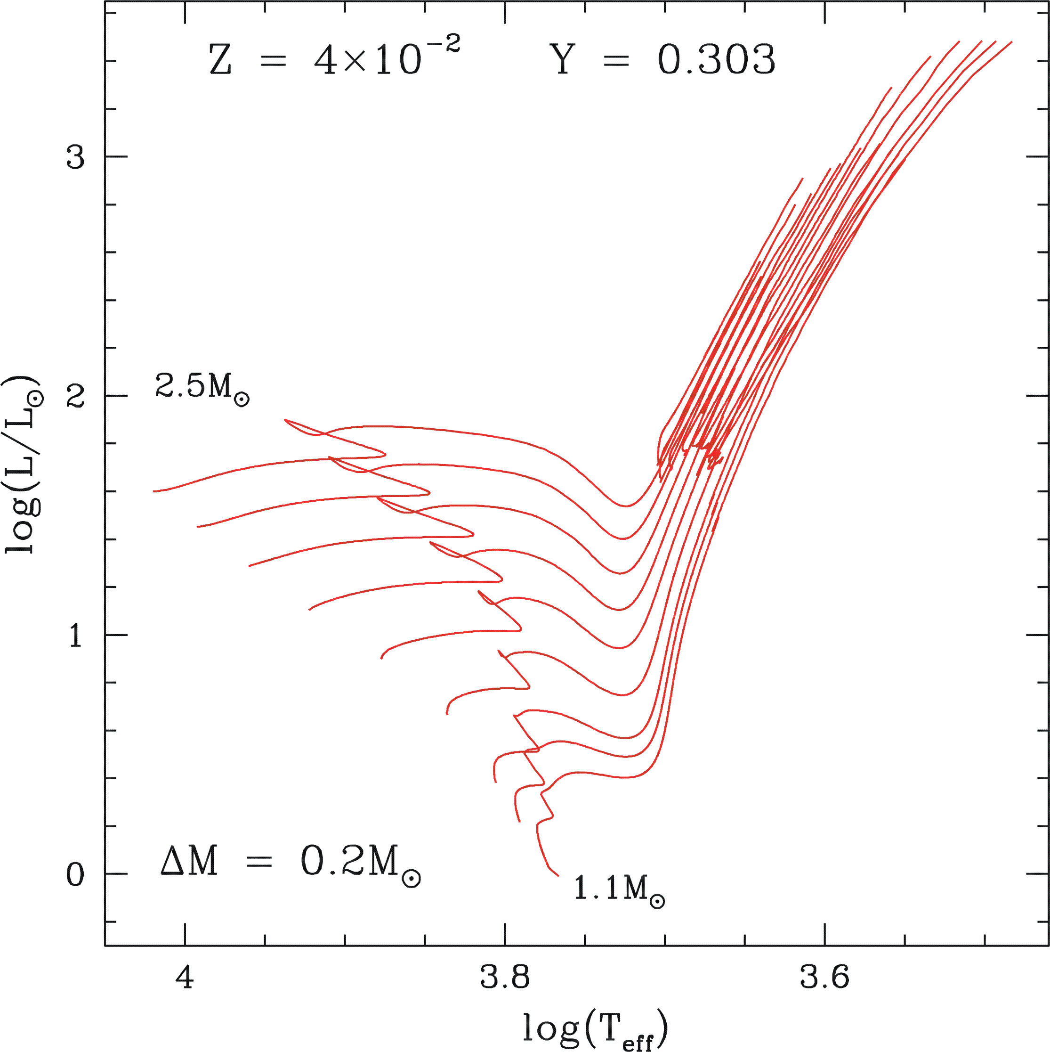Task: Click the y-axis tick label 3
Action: click(75, 158)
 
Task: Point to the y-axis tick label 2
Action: click(75, 397)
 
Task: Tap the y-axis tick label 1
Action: click(75, 636)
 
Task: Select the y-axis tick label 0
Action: click(75, 875)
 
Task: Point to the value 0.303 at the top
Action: click(716, 60)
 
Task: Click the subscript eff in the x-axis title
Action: click(637, 1041)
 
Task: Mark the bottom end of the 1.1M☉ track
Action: click(558, 876)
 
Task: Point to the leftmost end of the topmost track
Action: click(154, 491)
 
